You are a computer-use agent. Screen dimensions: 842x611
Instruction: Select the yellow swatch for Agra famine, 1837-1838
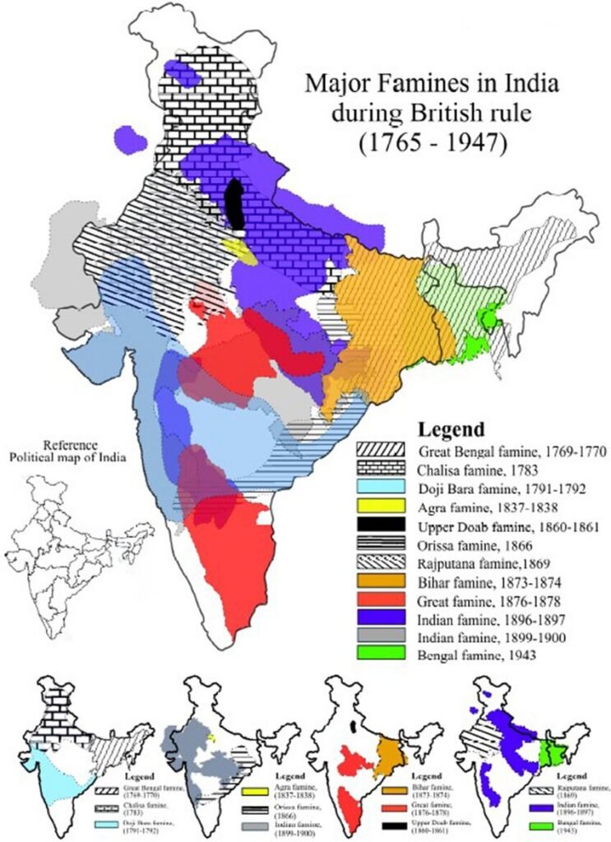click(381, 507)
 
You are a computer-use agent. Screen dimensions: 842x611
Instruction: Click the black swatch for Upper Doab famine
click(381, 525)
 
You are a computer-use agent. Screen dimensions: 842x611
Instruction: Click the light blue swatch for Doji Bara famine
click(381, 488)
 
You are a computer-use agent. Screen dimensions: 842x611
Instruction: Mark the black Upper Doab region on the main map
click(234, 205)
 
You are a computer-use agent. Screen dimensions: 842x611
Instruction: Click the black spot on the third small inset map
click(354, 728)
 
